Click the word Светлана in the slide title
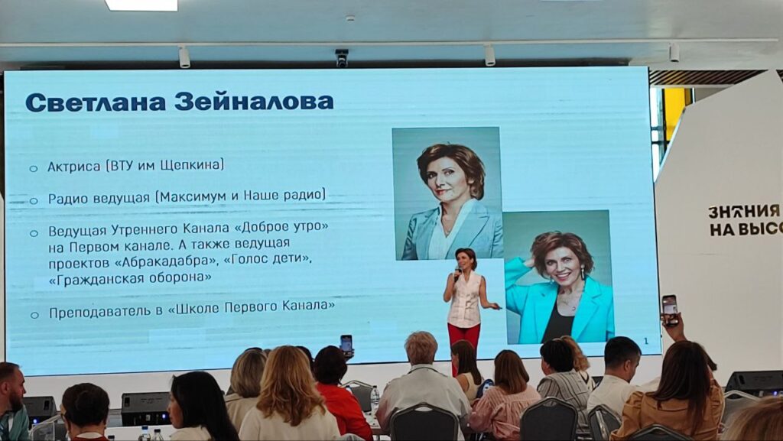(96, 102)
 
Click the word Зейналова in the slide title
(254, 102)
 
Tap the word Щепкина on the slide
(192, 165)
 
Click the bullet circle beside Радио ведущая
(34, 200)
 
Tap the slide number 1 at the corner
(646, 341)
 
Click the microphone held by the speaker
(457, 273)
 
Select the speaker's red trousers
(464, 339)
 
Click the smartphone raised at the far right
(669, 310)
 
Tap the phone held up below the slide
(346, 345)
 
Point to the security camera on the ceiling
(342, 58)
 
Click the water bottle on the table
(375, 400)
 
